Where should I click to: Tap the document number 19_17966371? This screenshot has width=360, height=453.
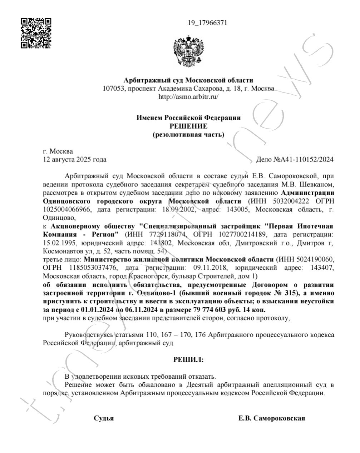[x=207, y=23]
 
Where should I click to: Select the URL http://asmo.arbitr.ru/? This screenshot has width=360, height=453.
[x=188, y=96]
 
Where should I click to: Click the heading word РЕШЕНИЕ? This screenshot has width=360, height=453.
[x=188, y=126]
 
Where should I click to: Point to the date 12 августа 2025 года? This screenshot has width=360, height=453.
[x=74, y=159]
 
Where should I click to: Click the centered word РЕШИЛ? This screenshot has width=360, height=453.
[x=188, y=360]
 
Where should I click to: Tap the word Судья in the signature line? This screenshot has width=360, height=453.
[x=104, y=418]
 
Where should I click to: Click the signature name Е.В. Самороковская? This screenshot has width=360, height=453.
[x=272, y=418]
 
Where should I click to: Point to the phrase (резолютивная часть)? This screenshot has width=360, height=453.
[x=188, y=135]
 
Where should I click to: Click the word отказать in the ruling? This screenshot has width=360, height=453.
[x=203, y=376]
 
